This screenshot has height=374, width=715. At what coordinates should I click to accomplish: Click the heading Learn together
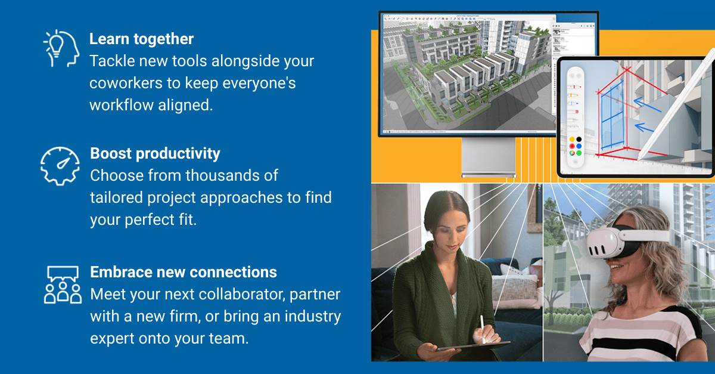pyautogui.click(x=141, y=39)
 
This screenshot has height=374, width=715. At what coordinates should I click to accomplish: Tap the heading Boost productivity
pyautogui.click(x=155, y=154)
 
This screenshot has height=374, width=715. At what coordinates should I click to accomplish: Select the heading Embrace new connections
pyautogui.click(x=184, y=272)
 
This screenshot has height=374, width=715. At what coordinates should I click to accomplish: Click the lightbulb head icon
pyautogui.click(x=61, y=48)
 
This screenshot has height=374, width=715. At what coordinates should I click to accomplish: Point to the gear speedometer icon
pyautogui.click(x=60, y=166)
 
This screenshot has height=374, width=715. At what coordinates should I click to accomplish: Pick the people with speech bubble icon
pyautogui.click(x=63, y=285)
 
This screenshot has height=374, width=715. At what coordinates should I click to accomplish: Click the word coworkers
pyautogui.click(x=126, y=83)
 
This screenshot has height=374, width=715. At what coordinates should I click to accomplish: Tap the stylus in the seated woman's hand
pyautogui.click(x=483, y=329)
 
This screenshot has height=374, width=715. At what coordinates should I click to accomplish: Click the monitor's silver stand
pyautogui.click(x=489, y=157)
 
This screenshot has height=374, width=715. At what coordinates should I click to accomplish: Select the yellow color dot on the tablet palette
pyautogui.click(x=572, y=139)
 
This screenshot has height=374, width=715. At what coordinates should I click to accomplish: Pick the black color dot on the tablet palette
pyautogui.click(x=579, y=139)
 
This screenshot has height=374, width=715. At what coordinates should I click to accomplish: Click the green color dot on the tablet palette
pyautogui.click(x=579, y=153)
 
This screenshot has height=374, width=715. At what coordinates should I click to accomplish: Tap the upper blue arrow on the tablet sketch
pyautogui.click(x=647, y=104)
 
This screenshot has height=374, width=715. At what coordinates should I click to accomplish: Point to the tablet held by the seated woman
pyautogui.click(x=472, y=347)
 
